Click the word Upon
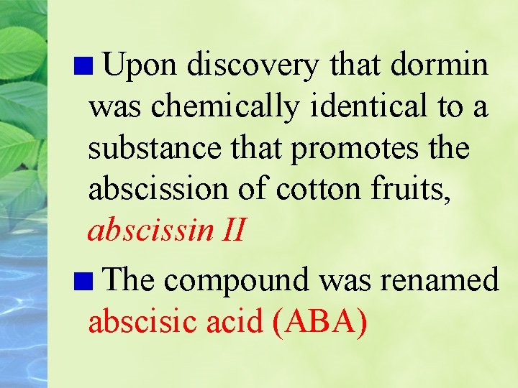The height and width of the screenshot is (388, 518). tap(140, 65)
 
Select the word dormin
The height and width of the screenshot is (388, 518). tap(440, 65)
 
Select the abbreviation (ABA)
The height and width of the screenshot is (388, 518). tap(320, 321)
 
